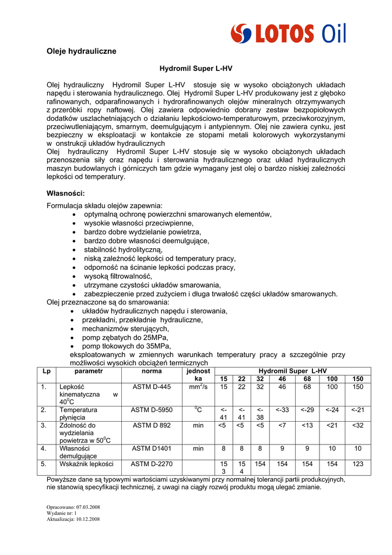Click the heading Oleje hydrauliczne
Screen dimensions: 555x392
pos(81,51)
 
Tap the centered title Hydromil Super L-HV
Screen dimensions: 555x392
pos(195,69)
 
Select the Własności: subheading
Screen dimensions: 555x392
pos(66,193)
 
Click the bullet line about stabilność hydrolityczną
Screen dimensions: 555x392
pos(123,249)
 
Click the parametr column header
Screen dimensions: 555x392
pos(88,371)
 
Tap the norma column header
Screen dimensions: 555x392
pos(152,371)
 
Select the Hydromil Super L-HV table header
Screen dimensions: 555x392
pos(292,371)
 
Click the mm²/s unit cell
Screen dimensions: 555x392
pos(198,387)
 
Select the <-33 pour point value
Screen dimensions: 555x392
pos(282,410)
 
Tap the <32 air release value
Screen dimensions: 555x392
pos(357,425)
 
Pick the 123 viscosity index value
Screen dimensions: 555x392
pos(357,464)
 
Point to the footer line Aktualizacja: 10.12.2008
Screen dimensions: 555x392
pos(73,519)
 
